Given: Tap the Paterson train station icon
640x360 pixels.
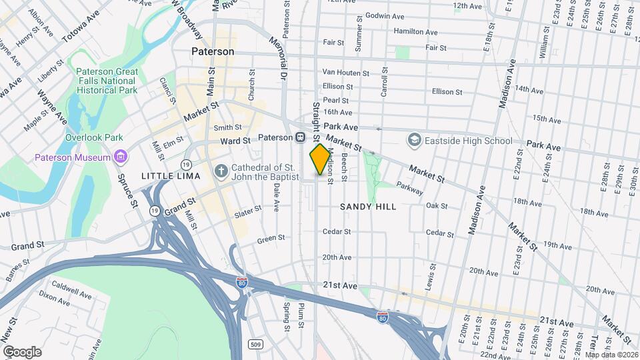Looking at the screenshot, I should (301, 137).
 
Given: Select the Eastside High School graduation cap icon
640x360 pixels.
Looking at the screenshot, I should (415, 141).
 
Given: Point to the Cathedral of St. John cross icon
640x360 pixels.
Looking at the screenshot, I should (221, 171).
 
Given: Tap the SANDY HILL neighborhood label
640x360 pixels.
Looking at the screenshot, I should (368, 207).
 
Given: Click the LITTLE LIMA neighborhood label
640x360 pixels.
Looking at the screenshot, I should (166, 175).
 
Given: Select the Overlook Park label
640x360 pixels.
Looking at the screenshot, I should (94, 137).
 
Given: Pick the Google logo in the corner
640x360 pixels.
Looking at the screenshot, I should (21, 352).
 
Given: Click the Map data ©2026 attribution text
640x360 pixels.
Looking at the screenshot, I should (611, 355).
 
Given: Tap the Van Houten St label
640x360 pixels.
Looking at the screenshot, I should (345, 72).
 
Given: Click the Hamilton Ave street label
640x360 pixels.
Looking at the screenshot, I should (415, 31).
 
